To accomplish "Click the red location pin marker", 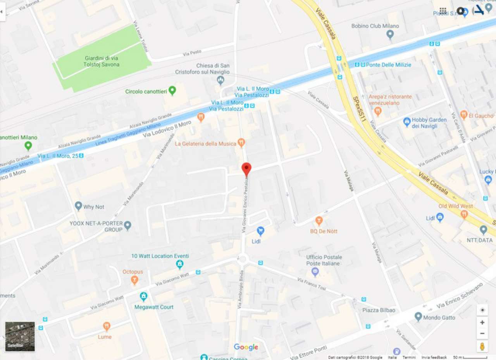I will click(x=246, y=169).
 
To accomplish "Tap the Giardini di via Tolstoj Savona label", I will click(x=102, y=61).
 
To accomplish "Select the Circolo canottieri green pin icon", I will click(x=172, y=91).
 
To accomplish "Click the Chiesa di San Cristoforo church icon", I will click(x=220, y=80).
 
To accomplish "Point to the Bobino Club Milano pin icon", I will click(x=390, y=34).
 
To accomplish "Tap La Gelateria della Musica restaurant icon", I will click(x=241, y=143).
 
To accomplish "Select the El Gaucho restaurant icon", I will click(x=464, y=115).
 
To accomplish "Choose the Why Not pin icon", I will click(x=79, y=206).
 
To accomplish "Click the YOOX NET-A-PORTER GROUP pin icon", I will click(x=127, y=225).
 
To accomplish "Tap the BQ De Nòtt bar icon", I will click(x=319, y=221).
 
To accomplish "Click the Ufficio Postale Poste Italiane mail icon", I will click(x=315, y=271).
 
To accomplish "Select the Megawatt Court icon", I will click(x=144, y=297).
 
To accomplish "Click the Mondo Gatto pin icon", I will click(x=418, y=316).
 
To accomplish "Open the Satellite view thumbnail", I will click(x=20, y=336).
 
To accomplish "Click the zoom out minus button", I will click(x=482, y=334).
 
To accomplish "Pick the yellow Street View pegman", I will click(x=482, y=346).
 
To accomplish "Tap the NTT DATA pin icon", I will click(x=483, y=230).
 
